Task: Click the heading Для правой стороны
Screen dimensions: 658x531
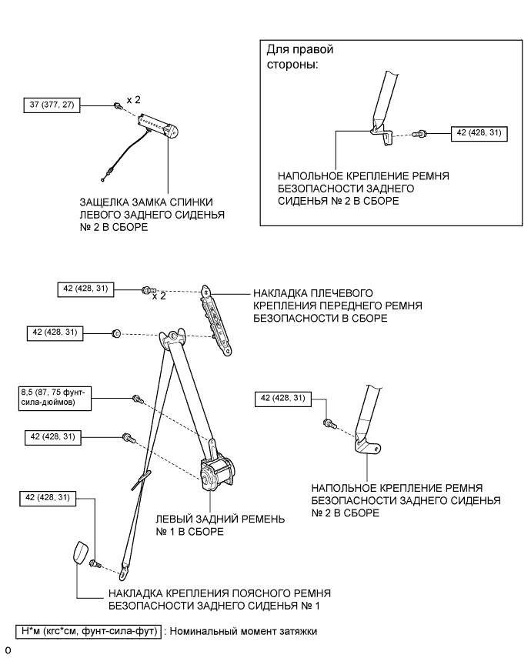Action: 299,57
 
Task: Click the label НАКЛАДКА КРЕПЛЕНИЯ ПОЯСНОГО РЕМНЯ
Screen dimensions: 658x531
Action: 219,600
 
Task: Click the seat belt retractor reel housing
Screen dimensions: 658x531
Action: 219,472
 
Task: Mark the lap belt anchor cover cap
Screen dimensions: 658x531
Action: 80,553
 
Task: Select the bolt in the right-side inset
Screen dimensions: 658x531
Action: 419,134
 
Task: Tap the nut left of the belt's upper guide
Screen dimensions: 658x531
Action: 115,332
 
